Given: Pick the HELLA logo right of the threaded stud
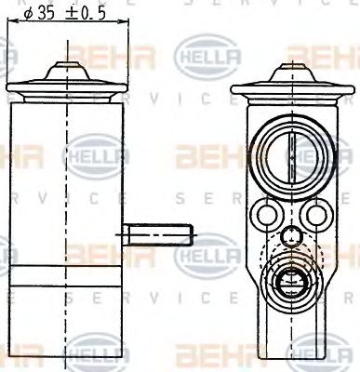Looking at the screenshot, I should coord(207,252).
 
